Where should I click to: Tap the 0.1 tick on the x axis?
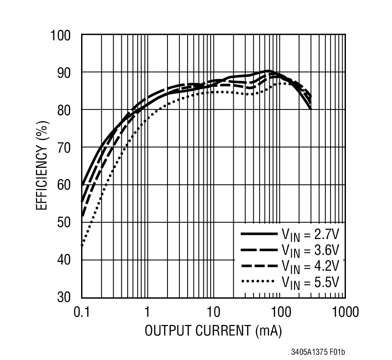82,312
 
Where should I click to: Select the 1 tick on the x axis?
147,312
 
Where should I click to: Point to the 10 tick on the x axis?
213,312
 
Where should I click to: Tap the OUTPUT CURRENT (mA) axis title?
213,331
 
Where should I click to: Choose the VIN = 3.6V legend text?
310,250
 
